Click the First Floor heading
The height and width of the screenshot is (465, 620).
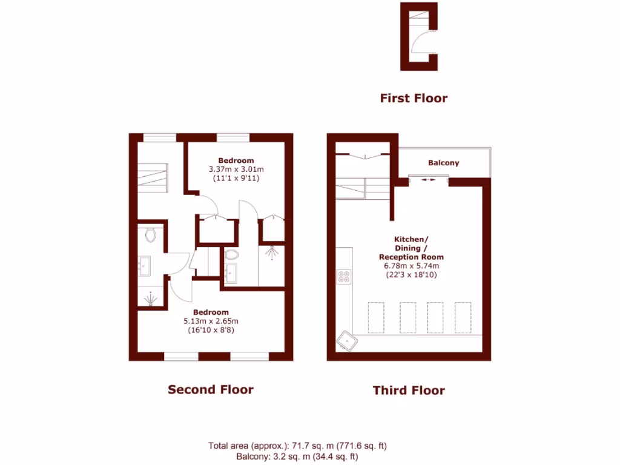click(x=414, y=98)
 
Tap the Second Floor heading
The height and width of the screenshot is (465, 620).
click(x=210, y=389)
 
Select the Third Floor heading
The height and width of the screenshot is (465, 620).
click(x=409, y=391)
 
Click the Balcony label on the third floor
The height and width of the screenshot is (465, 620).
click(x=443, y=163)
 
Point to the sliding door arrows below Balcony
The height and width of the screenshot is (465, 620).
click(x=429, y=180)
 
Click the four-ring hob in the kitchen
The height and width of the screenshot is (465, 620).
click(x=344, y=277)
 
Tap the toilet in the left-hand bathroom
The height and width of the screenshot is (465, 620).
click(x=151, y=234)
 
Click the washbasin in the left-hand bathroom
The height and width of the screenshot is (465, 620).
click(x=145, y=265)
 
